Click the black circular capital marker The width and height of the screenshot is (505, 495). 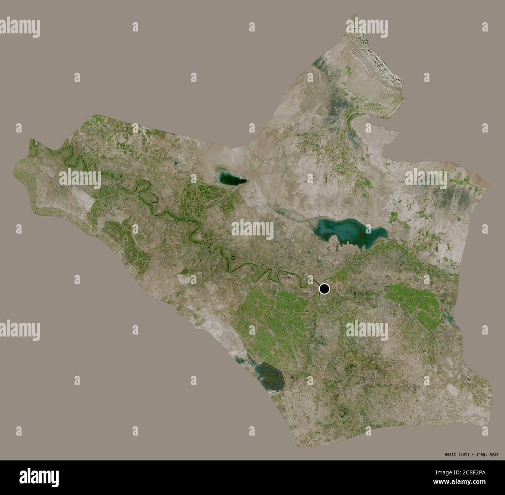(x=324, y=289)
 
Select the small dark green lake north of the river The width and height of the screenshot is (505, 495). (x=232, y=179)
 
